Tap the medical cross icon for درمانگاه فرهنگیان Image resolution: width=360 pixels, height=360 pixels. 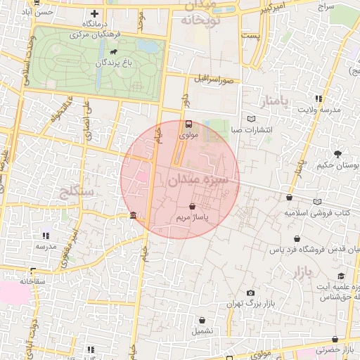click(95, 13)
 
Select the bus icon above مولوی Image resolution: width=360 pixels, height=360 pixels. click(188, 124)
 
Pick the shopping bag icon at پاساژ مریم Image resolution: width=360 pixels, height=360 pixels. click(193, 207)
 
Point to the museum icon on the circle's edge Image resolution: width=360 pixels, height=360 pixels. click(133, 215)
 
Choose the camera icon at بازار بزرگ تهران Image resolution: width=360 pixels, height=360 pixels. click(251, 292)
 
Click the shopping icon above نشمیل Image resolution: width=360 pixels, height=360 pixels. click(202, 320)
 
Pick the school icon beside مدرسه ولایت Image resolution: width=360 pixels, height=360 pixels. click(319, 98)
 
